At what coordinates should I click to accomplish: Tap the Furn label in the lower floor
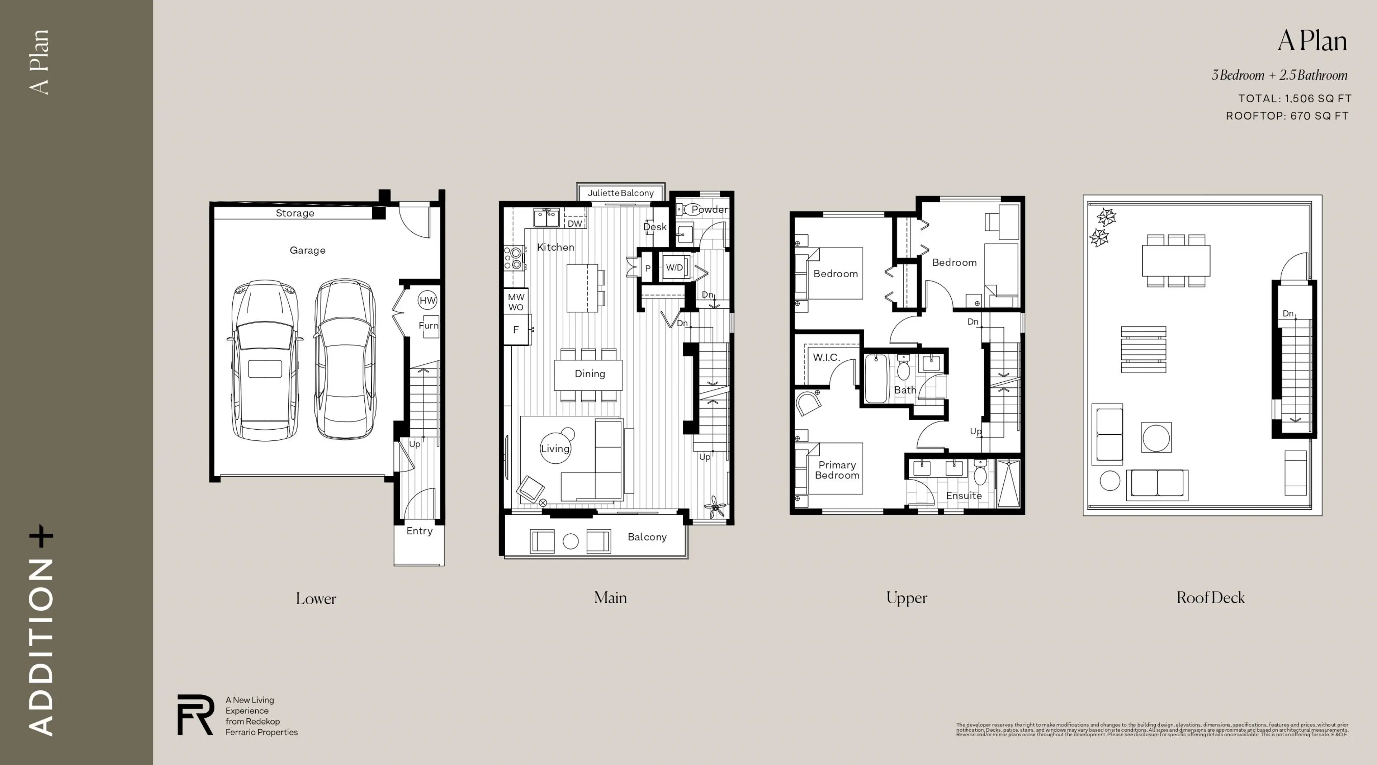428,325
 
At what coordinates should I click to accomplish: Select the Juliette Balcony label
620,193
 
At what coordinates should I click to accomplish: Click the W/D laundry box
674,267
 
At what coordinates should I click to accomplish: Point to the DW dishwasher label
574,223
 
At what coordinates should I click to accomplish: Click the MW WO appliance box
516,302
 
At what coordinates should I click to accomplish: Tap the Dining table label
590,374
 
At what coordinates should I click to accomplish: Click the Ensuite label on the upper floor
963,496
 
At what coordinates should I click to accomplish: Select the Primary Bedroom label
837,470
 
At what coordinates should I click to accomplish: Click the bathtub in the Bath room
876,378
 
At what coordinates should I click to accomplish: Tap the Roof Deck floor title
1210,598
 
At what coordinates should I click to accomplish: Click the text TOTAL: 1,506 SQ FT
1294,98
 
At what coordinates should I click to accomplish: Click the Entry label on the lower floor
419,531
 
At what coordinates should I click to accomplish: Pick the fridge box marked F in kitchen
516,330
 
